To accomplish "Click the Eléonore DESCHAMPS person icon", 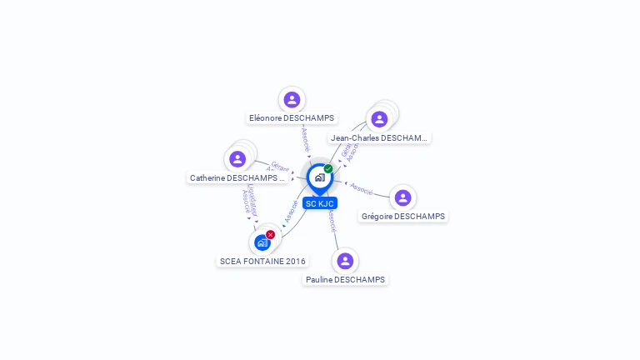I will point(292,100).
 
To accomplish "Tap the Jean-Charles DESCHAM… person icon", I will point(379,119).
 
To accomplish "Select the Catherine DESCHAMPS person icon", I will point(237,158).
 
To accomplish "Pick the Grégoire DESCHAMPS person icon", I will point(403,197).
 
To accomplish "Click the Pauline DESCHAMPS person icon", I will point(345,261).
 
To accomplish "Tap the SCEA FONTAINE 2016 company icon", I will point(262,242).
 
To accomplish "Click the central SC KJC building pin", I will point(319,177).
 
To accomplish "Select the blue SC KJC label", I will point(320,203).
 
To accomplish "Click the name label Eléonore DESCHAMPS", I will point(292,118).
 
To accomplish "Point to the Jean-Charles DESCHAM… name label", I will point(379,137).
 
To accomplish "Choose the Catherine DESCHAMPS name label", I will point(237,177).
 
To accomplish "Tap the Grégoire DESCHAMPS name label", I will point(403,217).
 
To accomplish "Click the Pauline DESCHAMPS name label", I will point(345,280).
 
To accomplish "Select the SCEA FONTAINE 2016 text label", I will point(262,261).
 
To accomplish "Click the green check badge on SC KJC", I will point(328,168).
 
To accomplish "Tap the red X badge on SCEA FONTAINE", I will point(270,235).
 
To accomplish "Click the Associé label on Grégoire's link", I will point(362,188).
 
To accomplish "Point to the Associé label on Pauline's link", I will point(332,220).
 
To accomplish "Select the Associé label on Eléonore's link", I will point(306,138).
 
